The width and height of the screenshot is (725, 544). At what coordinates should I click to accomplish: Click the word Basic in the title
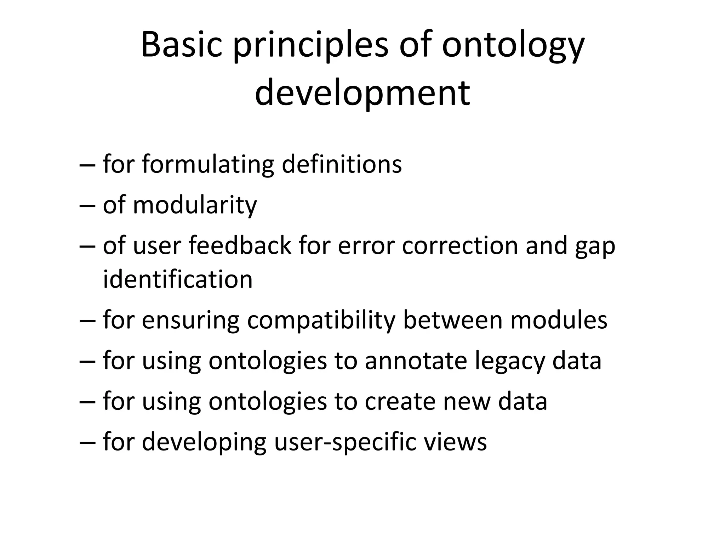click(x=182, y=45)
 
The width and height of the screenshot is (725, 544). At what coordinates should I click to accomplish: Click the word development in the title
click(x=362, y=93)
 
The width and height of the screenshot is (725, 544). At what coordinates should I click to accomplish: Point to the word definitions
click(x=342, y=164)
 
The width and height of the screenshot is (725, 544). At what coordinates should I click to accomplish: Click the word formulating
click(x=208, y=165)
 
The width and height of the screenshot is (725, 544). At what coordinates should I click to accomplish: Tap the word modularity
click(x=194, y=205)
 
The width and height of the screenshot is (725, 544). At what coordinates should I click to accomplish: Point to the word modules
click(x=559, y=320)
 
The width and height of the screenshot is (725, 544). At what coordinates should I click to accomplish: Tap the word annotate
click(x=415, y=361)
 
